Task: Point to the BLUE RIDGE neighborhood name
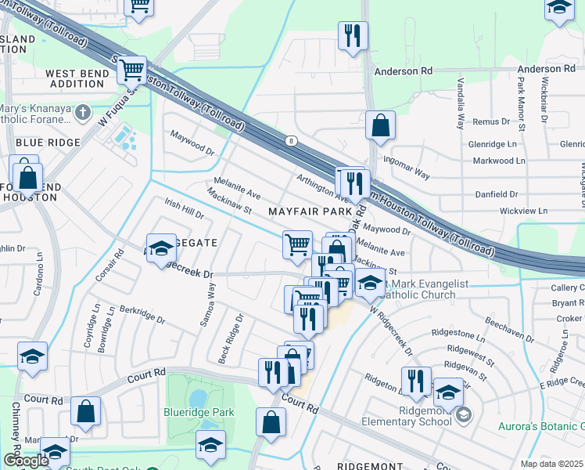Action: click(x=48, y=143)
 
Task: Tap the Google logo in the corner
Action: click(x=26, y=461)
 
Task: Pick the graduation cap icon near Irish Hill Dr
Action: click(x=161, y=248)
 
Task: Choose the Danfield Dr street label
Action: click(x=497, y=193)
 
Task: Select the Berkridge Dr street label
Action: click(x=144, y=314)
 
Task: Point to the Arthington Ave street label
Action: click(x=321, y=187)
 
